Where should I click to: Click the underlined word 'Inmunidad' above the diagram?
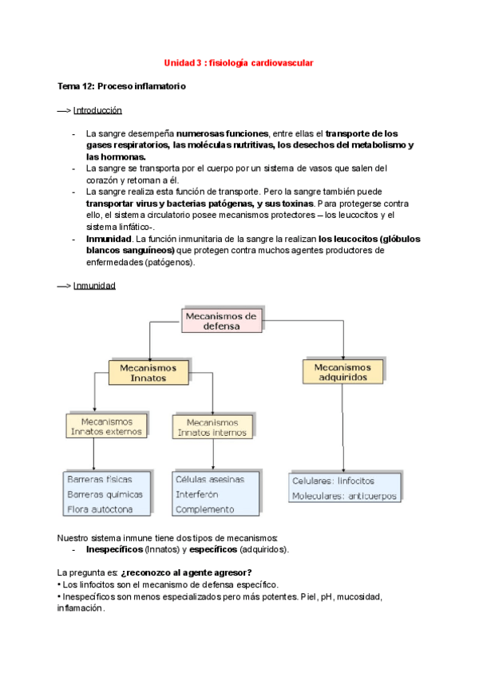pyautogui.click(x=94, y=286)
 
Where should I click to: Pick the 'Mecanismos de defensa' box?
pyautogui.click(x=221, y=321)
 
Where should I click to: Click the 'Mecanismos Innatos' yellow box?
pyautogui.click(x=148, y=373)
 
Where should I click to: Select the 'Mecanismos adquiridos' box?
pyautogui.click(x=342, y=371)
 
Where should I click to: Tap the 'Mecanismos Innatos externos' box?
pyautogui.click(x=106, y=426)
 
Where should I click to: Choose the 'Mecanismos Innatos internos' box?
pyautogui.click(x=212, y=427)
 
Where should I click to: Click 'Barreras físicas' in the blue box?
pyautogui.click(x=100, y=480)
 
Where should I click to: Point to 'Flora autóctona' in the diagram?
pyautogui.click(x=100, y=509)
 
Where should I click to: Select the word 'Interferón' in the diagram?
pyautogui.click(x=197, y=494)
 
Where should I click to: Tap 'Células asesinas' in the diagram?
pyautogui.click(x=209, y=480)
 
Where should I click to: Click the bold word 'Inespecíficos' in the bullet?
pyautogui.click(x=114, y=550)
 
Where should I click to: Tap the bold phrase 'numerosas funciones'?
pyautogui.click(x=223, y=133)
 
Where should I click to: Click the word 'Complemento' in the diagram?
pyautogui.click(x=204, y=509)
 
